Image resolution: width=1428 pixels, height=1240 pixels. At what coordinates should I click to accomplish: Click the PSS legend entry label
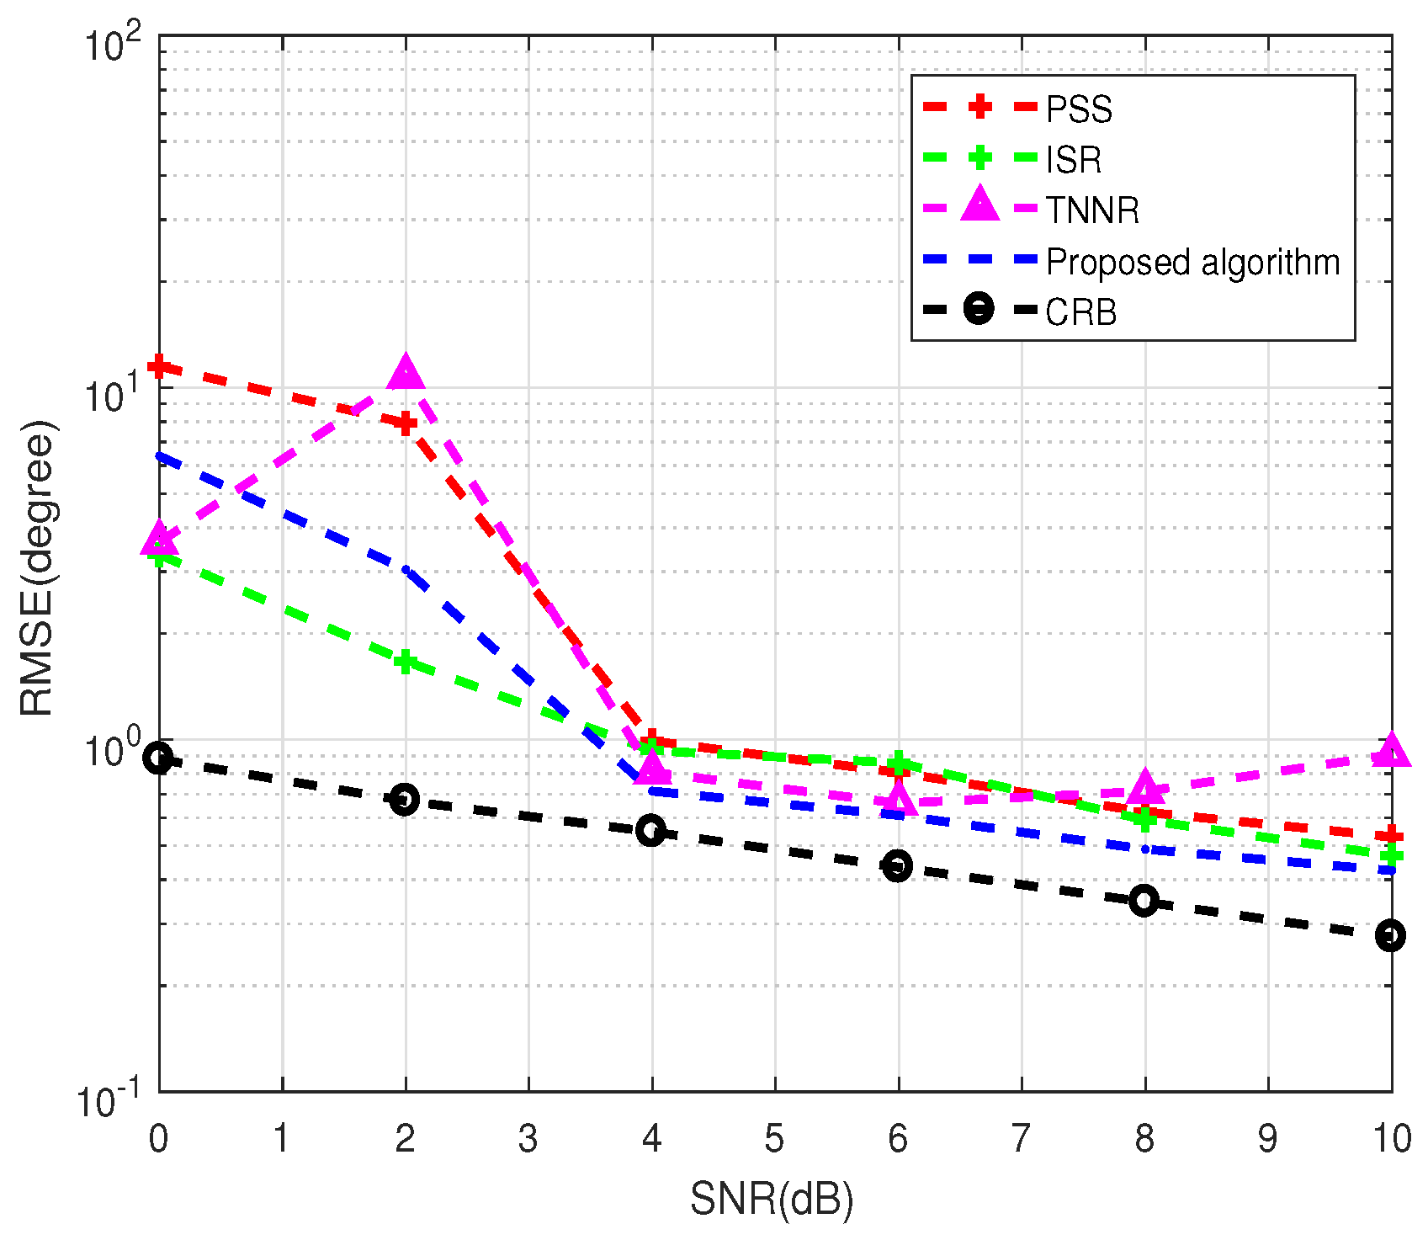tap(1079, 109)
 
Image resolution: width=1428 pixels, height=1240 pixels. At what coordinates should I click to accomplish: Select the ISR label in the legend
tap(1073, 160)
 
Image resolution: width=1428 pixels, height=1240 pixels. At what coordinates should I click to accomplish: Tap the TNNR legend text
tap(1092, 210)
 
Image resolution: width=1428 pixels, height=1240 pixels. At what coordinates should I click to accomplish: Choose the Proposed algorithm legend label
tap(1192, 262)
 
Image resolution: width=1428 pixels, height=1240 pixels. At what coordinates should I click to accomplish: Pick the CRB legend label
tap(1080, 312)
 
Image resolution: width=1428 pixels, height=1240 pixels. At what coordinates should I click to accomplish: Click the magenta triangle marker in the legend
tap(980, 205)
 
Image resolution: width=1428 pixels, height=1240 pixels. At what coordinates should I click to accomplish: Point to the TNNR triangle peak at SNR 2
tap(406, 373)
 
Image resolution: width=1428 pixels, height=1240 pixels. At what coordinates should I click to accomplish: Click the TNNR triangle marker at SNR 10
tap(1390, 750)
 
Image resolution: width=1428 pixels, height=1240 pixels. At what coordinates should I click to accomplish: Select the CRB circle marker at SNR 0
tap(159, 758)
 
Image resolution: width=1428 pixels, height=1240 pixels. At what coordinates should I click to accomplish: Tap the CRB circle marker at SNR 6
tap(898, 865)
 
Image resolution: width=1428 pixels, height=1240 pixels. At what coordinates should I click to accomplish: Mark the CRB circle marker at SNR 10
tap(1390, 935)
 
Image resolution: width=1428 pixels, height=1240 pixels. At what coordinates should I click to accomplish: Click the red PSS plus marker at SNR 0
tap(159, 366)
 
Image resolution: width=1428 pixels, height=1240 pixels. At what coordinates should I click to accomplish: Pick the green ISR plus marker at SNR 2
tap(406, 663)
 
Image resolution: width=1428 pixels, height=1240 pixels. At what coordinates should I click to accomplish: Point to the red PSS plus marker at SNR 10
tap(1390, 836)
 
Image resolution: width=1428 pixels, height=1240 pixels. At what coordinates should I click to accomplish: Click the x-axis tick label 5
tap(774, 1139)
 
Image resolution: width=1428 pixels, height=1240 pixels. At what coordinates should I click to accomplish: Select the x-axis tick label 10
tap(1392, 1139)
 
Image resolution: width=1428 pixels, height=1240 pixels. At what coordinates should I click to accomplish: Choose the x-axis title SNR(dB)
tap(772, 1200)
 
